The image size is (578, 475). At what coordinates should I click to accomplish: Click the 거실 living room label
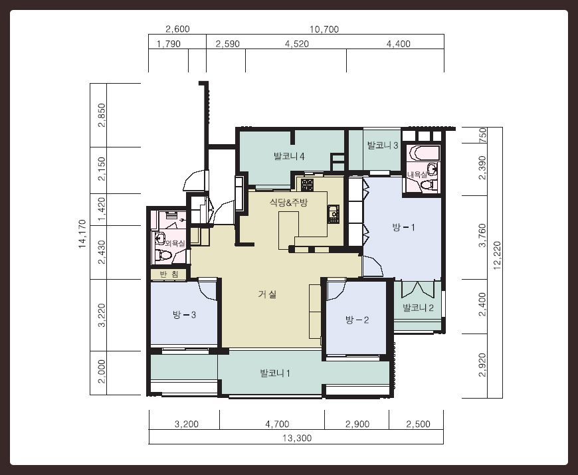[267, 294]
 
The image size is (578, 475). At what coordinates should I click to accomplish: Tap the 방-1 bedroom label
[404, 227]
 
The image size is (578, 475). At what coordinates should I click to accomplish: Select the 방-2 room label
[357, 320]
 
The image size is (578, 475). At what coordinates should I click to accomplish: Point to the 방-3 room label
[184, 315]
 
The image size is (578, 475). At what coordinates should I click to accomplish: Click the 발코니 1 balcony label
[275, 373]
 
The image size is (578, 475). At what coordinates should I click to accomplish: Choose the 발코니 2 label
[418, 308]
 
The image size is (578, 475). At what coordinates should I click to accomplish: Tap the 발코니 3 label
[383, 145]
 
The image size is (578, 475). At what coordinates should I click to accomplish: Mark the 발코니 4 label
[289, 156]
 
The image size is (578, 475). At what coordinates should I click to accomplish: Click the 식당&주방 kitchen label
[288, 203]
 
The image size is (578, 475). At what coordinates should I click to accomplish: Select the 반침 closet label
[169, 274]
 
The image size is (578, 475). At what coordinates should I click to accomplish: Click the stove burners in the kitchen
[307, 184]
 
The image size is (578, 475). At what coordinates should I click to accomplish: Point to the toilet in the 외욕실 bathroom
[163, 255]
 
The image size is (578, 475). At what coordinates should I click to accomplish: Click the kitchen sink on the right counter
[334, 213]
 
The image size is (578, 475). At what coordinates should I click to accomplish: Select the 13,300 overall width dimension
[297, 438]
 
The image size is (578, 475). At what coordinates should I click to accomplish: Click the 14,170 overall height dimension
[82, 234]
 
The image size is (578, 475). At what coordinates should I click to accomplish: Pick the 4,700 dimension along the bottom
[277, 424]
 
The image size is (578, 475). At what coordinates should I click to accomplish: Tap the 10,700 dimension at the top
[324, 29]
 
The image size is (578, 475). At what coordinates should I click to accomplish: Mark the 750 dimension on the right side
[482, 136]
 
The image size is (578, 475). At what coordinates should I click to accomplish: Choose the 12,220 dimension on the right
[497, 256]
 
